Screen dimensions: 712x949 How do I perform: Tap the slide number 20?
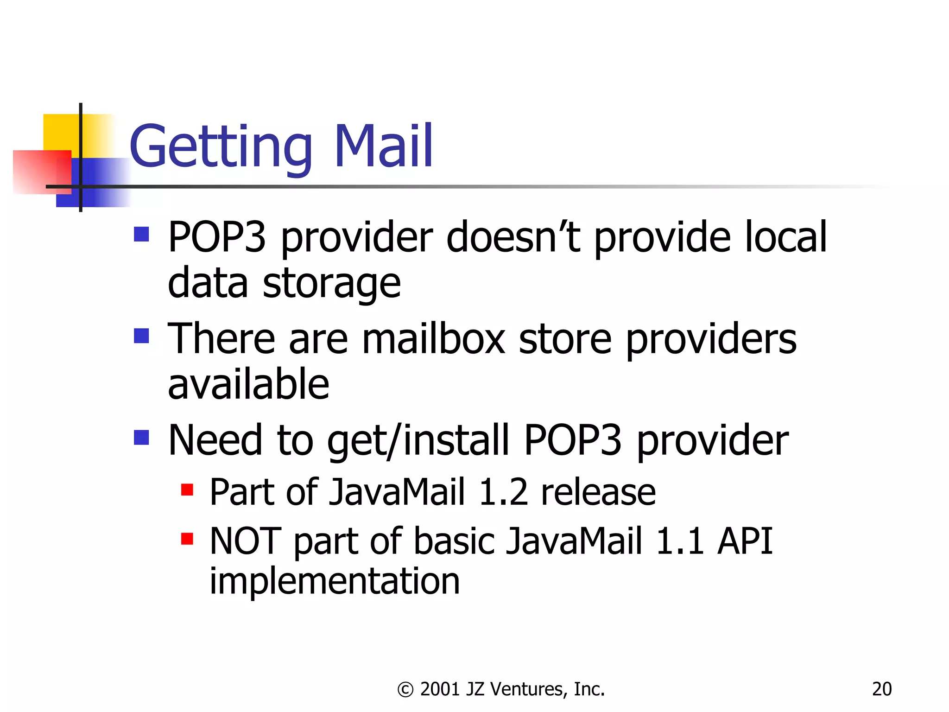click(881, 689)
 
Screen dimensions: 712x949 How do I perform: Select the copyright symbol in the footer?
click(405, 690)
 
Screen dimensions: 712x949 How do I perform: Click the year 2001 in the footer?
click(440, 689)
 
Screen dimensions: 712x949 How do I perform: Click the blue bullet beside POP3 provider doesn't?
click(141, 235)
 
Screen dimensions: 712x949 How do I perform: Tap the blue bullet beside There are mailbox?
click(141, 336)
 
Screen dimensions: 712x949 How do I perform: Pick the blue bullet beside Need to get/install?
click(141, 437)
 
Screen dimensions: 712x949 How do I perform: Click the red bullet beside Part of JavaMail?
click(187, 489)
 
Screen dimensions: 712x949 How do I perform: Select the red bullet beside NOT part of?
click(187, 539)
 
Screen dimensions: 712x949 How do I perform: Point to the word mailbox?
click(433, 339)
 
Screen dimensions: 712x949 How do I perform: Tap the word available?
click(248, 384)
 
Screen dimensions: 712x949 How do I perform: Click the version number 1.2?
click(503, 492)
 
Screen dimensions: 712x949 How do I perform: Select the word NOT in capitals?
click(245, 541)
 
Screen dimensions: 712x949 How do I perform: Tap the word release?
click(598, 492)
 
